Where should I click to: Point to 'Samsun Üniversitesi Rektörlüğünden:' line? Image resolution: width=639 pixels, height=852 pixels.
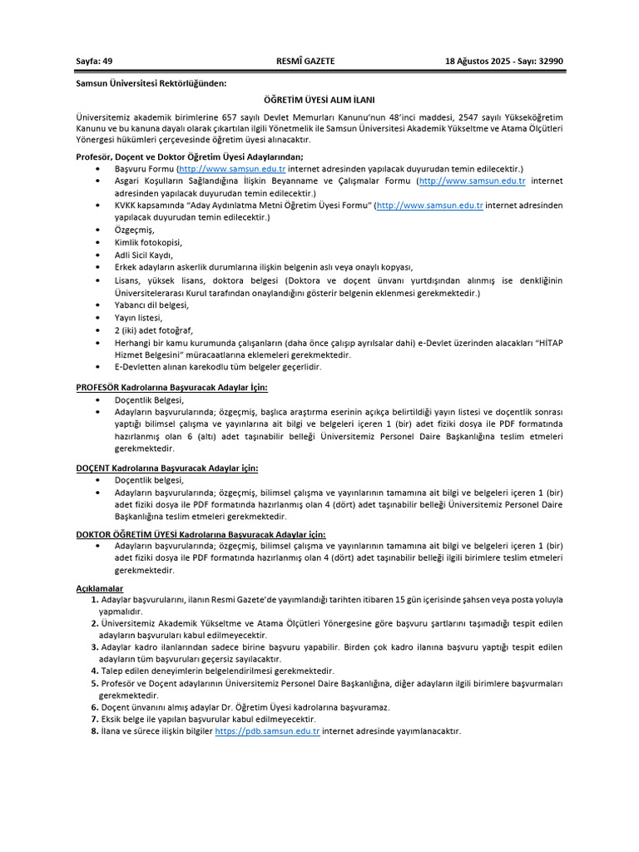[151, 83]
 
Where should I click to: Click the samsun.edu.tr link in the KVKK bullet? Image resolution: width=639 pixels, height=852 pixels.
[430, 205]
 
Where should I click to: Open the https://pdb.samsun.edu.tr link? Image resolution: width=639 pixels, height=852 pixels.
[267, 731]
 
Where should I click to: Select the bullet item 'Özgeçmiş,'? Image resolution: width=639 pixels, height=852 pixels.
[135, 230]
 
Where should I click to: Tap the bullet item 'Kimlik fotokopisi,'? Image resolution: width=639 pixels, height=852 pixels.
[148, 242]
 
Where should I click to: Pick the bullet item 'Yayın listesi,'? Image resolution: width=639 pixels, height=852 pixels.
[139, 317]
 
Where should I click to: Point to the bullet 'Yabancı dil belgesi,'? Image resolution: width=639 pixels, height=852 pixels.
[152, 305]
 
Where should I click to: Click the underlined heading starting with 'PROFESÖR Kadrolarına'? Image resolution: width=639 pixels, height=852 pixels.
[171, 387]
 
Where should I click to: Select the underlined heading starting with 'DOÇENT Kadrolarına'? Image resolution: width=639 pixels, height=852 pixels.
[166, 468]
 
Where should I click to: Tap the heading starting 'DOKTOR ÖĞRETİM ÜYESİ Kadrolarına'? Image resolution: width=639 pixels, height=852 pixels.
[201, 533]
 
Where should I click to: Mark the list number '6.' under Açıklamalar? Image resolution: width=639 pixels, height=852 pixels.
[95, 707]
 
